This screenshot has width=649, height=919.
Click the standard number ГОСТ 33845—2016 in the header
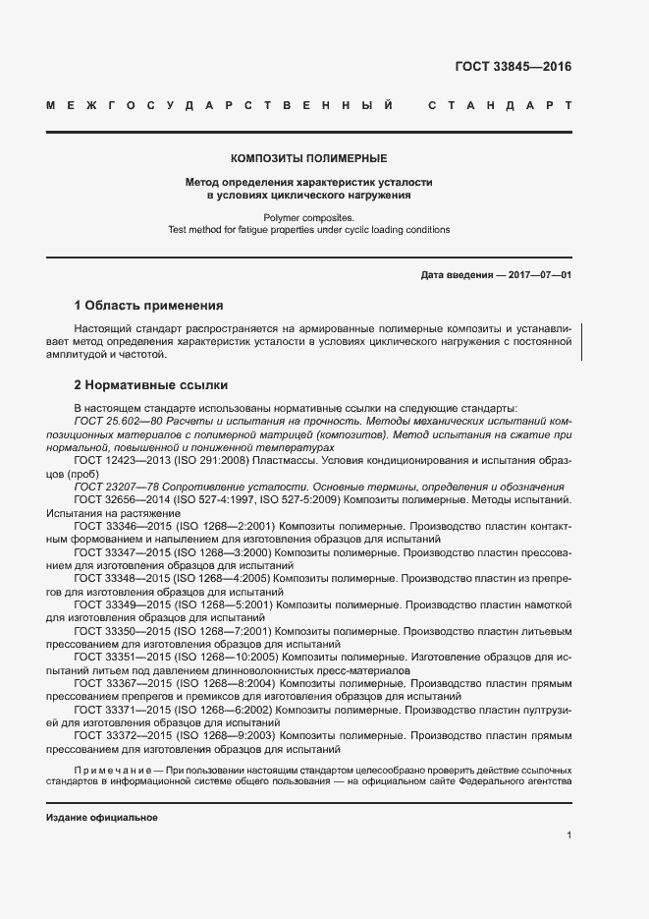[x=513, y=67]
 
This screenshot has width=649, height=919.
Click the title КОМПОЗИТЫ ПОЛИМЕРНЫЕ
[x=308, y=157]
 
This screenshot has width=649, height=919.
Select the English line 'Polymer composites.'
[x=308, y=217]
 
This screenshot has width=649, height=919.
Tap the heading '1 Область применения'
[x=148, y=306]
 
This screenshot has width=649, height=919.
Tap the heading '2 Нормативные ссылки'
[x=150, y=385]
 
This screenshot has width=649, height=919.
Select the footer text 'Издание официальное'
[x=102, y=818]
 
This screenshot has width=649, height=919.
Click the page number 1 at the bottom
[x=569, y=835]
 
